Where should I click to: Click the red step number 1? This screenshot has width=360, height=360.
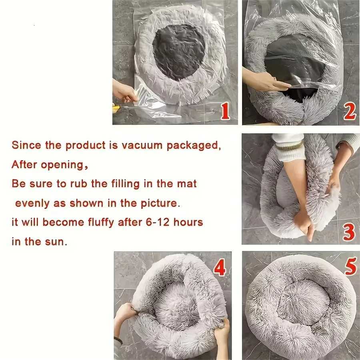tap(225, 111)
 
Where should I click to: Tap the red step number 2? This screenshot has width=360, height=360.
tap(349, 112)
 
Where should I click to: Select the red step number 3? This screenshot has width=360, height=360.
tap(349, 232)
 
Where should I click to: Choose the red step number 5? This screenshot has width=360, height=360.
tap(350, 266)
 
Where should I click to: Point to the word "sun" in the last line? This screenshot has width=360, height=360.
tap(56, 242)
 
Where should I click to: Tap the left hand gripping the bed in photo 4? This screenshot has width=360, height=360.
tap(126, 312)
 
